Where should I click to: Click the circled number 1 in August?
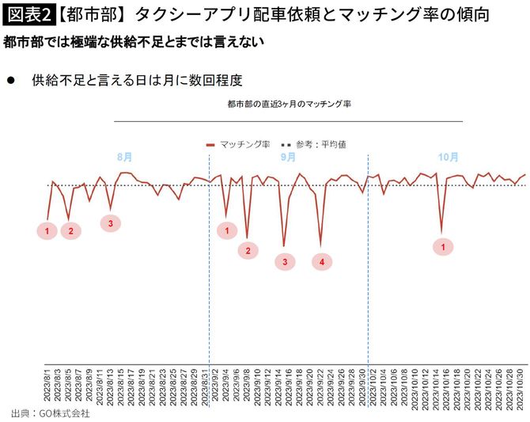tap(47, 231)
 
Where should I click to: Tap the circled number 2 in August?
tap(70, 231)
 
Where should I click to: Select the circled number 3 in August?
tap(111, 223)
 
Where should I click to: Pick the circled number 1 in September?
tap(227, 231)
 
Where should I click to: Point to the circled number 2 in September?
tap(248, 251)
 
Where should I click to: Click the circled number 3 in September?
tap(285, 260)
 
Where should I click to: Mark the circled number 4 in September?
tap(322, 260)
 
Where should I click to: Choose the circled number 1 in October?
tap(443, 247)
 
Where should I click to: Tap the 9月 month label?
tap(288, 157)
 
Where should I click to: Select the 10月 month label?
tap(449, 157)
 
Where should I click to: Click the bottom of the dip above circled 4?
tap(320, 245)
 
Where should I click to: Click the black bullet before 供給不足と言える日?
tap(10, 80)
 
